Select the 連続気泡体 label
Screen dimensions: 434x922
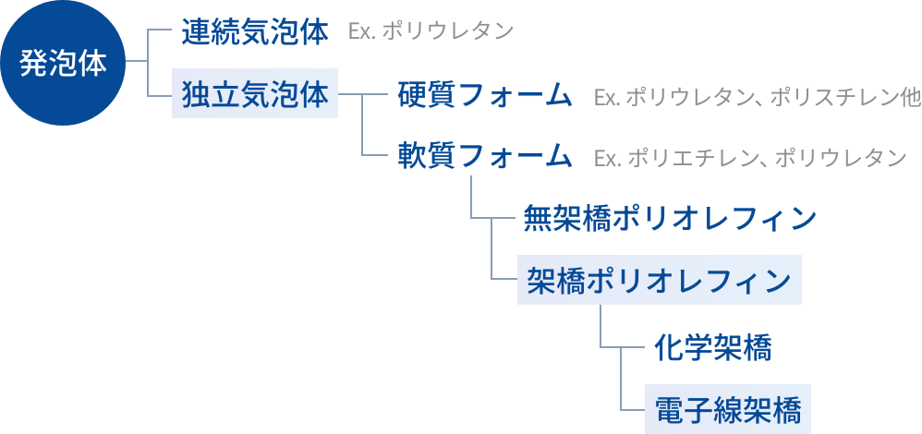point(255,32)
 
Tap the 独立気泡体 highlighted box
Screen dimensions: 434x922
point(255,94)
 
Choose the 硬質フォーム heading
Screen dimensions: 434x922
point(485,95)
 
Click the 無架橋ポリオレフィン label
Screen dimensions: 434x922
point(670,219)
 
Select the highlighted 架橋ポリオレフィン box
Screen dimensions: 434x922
point(659,280)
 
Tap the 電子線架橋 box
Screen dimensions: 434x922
point(727,408)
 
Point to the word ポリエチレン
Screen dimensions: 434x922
point(691,159)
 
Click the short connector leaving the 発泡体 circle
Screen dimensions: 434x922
point(137,63)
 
